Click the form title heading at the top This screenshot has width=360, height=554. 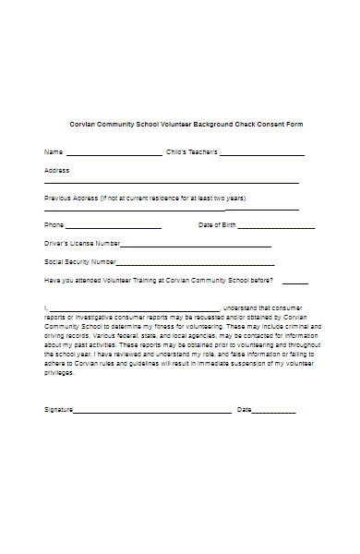(x=186, y=124)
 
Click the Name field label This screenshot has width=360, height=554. (x=54, y=151)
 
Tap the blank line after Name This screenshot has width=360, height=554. (x=114, y=153)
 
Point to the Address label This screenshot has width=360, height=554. (x=56, y=170)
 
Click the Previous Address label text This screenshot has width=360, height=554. (x=145, y=199)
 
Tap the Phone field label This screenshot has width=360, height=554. (x=54, y=224)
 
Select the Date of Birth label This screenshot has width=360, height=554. (x=218, y=224)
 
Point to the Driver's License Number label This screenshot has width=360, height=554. (x=82, y=244)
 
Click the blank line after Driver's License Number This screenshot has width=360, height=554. (x=196, y=247)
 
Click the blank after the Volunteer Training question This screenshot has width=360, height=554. (x=295, y=283)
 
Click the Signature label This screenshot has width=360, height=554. (x=58, y=408)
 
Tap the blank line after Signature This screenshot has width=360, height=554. (x=152, y=411)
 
